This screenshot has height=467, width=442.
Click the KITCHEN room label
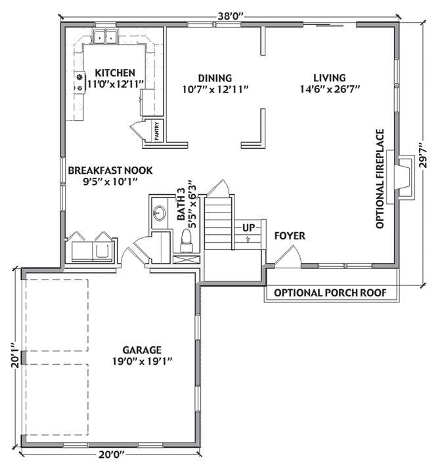(115, 73)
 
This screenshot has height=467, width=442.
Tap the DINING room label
(215, 78)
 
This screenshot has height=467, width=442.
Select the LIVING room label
(329, 78)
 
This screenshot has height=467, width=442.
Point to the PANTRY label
(157, 131)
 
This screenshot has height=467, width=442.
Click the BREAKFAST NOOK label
(110, 171)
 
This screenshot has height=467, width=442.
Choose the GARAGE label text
(142, 350)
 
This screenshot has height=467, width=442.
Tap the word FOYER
(290, 236)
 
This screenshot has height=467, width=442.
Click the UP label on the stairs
(248, 228)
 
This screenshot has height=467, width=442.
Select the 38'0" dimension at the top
(231, 16)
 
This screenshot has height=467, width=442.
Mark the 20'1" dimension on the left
(16, 355)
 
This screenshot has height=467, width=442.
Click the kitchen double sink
(105, 37)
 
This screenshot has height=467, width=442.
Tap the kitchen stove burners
(79, 83)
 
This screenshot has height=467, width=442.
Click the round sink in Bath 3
(160, 213)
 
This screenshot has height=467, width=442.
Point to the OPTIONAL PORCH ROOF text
(330, 293)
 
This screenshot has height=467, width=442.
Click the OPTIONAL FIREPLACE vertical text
(380, 178)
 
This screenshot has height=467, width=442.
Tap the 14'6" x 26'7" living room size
(330, 89)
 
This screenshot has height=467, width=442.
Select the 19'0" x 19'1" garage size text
(143, 361)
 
